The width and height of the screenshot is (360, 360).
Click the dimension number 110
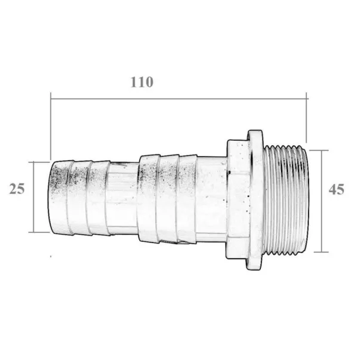pyautogui.click(x=141, y=82)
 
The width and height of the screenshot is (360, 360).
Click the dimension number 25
pyautogui.click(x=17, y=189)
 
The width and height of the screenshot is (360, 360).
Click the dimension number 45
pyautogui.click(x=336, y=189)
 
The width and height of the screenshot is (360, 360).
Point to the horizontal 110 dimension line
pyautogui.click(x=179, y=99)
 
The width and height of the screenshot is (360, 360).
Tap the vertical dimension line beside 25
pyautogui.click(x=33, y=197)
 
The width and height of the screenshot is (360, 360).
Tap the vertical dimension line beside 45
pyautogui.click(x=322, y=201)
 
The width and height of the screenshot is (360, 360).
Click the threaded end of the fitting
pyautogui.click(x=285, y=200)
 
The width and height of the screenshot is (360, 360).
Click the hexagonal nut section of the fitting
pyautogui.click(x=238, y=199)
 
